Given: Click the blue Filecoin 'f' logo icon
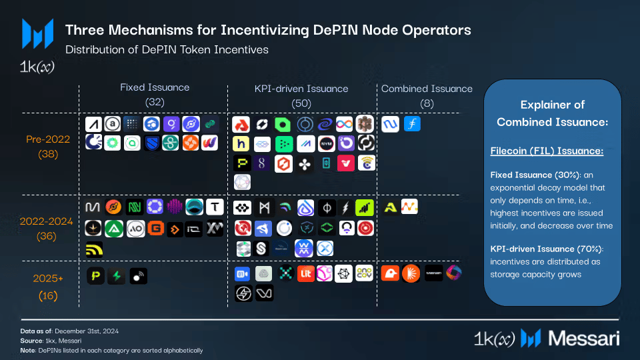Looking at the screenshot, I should click(x=412, y=124).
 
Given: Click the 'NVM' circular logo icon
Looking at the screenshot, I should click(x=326, y=143).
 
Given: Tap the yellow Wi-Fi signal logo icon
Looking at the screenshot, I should click(x=95, y=249).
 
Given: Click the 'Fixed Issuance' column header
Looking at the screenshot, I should click(x=155, y=87).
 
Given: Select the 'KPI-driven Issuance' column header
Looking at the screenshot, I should click(x=301, y=88).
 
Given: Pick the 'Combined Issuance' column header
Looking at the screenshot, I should click(x=427, y=89).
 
